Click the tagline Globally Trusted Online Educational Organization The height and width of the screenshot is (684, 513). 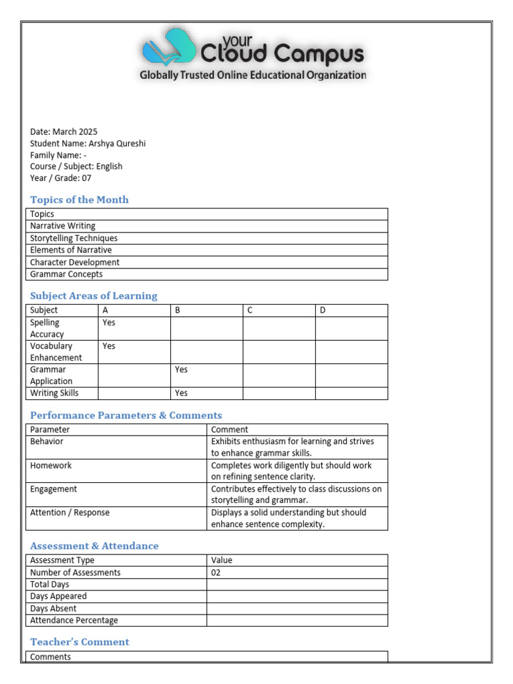(252, 75)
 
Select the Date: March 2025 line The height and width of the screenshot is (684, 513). (63, 132)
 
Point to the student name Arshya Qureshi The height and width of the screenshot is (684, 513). (117, 143)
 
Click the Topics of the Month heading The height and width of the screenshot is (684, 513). (79, 200)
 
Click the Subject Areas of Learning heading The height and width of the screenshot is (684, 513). (94, 296)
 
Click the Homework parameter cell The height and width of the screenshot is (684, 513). (51, 466)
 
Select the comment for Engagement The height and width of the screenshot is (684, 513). (296, 494)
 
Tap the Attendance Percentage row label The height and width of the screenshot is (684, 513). (73, 621)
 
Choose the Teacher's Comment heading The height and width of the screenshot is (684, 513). (79, 642)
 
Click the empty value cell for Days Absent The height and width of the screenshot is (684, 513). (297, 609)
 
